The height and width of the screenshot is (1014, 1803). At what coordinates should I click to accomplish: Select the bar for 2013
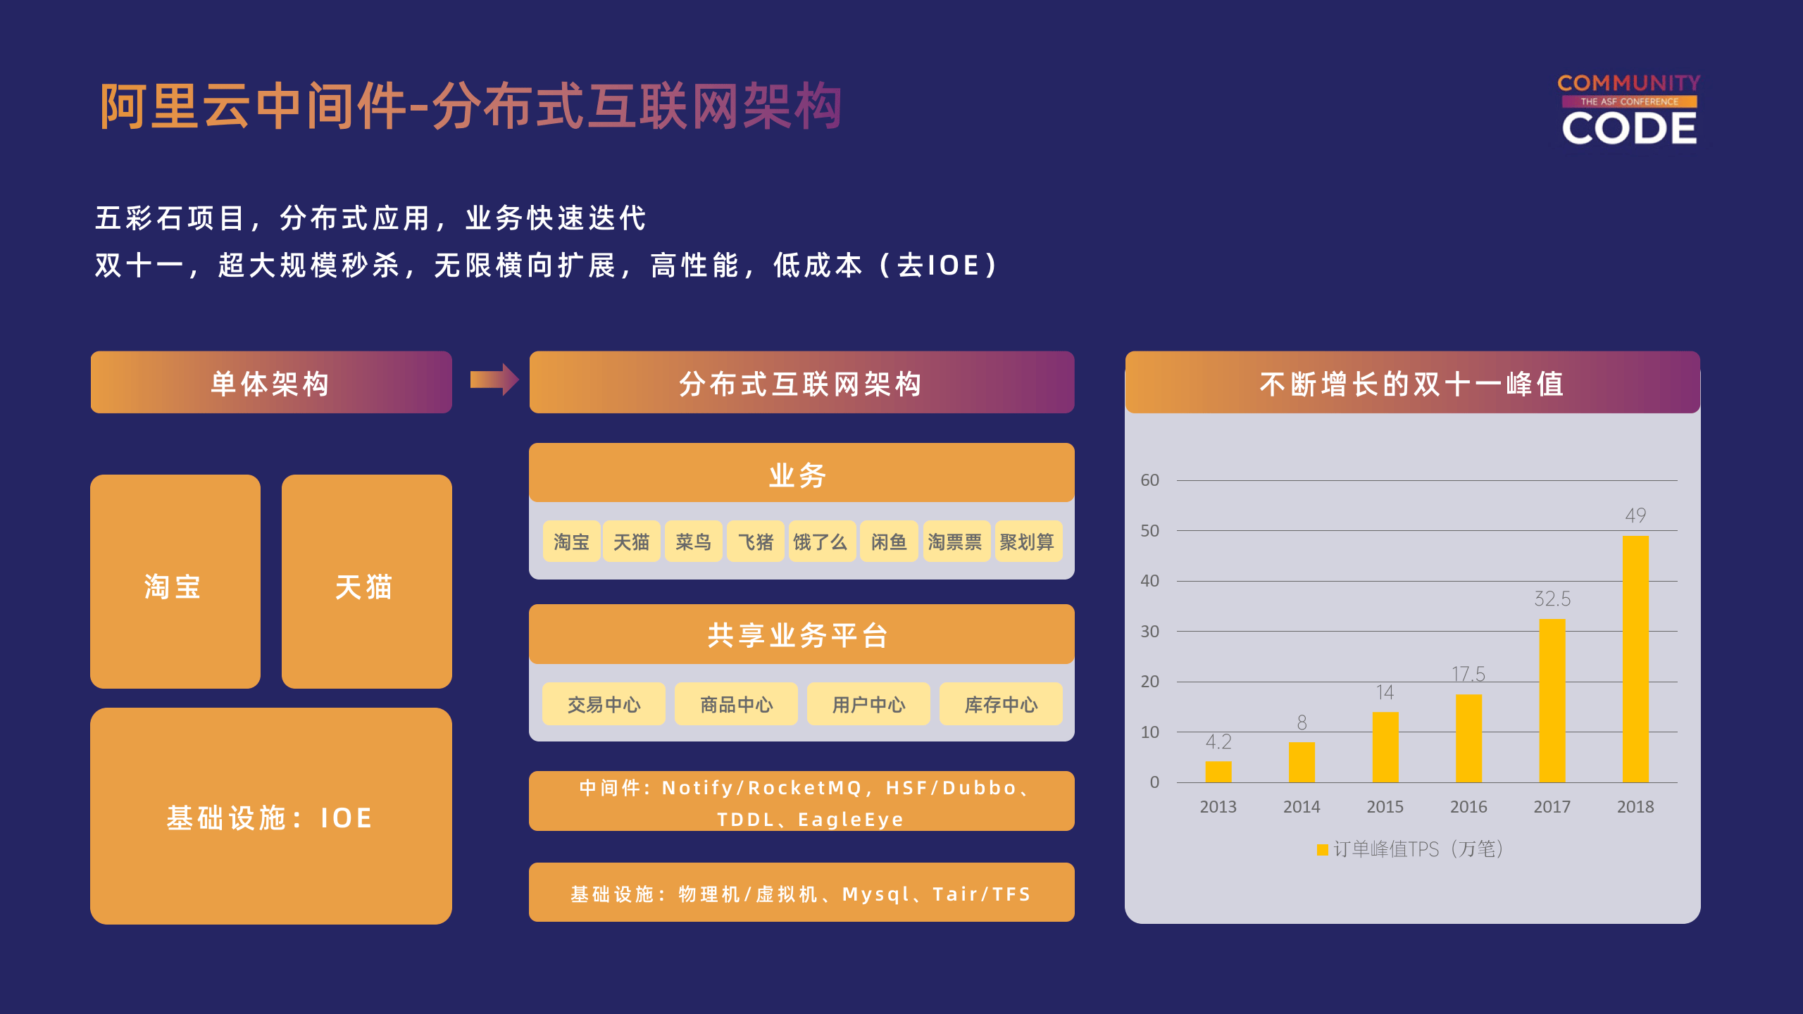tap(1218, 772)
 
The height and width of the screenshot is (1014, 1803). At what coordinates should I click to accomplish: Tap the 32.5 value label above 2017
tap(1552, 599)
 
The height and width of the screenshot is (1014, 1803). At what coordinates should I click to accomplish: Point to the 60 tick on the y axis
tap(1149, 480)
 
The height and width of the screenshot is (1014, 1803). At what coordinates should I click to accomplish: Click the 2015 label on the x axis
tap(1385, 807)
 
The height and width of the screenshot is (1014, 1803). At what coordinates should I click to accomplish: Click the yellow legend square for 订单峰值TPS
tap(1322, 850)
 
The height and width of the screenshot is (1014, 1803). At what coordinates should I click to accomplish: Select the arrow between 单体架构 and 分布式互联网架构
tap(494, 380)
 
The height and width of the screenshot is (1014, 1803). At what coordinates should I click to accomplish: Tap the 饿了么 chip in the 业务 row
tap(821, 542)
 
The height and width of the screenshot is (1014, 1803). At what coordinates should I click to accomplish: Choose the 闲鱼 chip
tap(889, 542)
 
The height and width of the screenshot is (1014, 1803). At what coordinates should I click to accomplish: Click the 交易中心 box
tap(604, 704)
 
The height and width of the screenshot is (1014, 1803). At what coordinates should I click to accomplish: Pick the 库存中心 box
tap(1001, 704)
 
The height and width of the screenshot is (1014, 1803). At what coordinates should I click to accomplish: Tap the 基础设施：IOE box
tap(270, 816)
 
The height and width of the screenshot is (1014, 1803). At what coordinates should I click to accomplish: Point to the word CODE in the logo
tap(1629, 129)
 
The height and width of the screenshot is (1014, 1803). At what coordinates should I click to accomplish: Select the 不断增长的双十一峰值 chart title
tap(1412, 384)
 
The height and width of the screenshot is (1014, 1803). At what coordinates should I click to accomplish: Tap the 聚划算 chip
tap(1027, 542)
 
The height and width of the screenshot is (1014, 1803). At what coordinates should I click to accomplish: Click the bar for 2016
tap(1468, 738)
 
